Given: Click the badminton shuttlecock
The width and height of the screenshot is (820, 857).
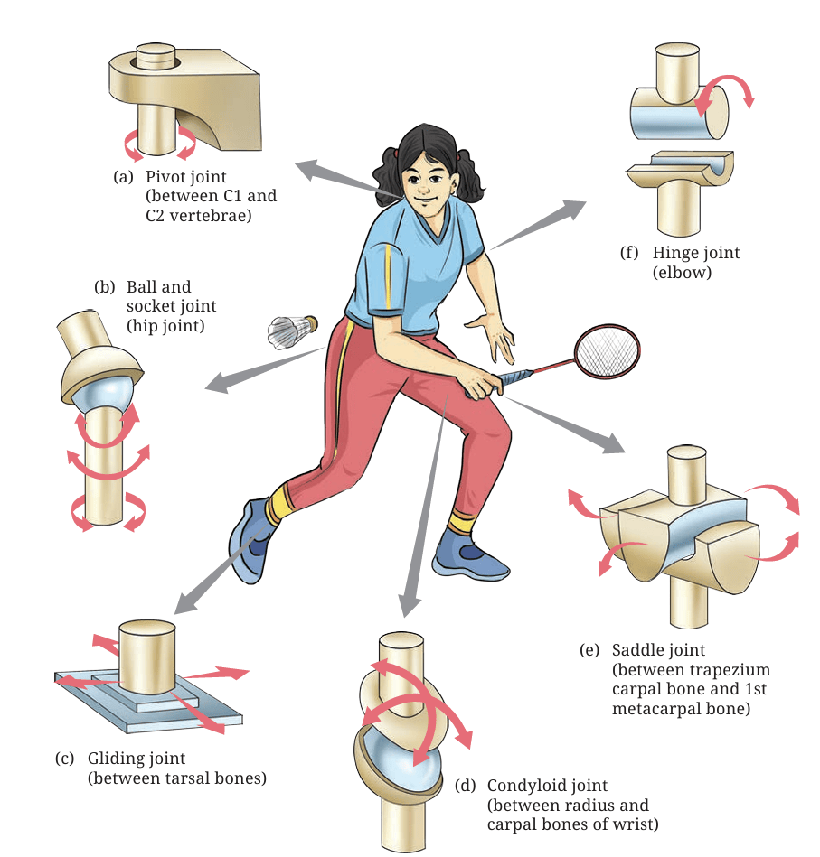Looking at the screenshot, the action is (x=292, y=331).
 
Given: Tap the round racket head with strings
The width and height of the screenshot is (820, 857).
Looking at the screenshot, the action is (x=608, y=351).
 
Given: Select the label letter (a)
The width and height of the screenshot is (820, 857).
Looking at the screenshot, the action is (x=123, y=177).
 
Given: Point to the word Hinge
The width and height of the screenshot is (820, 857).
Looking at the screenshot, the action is (x=675, y=253).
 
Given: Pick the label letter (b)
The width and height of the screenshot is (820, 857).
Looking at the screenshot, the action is (x=105, y=287).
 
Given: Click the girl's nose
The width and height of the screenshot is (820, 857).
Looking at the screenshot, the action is (x=422, y=188).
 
